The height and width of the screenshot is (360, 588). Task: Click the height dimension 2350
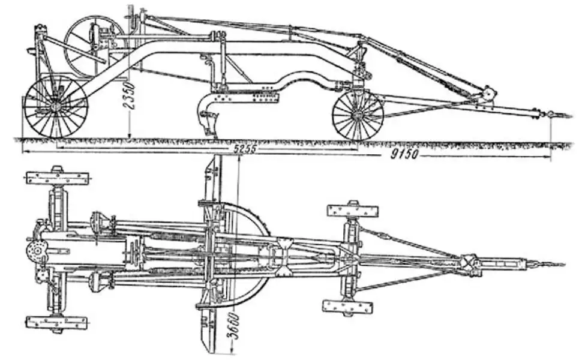point(130,97)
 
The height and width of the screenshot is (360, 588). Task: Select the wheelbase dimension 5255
point(245,149)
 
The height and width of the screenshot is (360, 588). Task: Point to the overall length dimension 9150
point(403,154)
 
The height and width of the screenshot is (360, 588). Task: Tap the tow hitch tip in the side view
point(570,116)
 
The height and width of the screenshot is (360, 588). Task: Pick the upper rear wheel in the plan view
point(58,178)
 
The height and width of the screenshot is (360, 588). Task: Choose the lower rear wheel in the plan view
point(56,323)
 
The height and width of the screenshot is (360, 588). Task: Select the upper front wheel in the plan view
point(353,211)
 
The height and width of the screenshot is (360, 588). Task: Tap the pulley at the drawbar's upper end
point(488,94)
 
